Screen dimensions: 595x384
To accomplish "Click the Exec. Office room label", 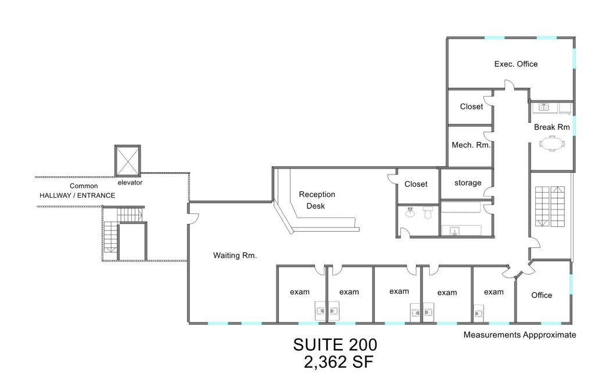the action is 516,64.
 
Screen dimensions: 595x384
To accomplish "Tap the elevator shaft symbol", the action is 127,161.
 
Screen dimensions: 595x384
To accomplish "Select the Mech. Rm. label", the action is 471,145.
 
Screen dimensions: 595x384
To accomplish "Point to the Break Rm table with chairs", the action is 552,144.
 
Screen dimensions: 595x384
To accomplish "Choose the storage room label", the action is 468,183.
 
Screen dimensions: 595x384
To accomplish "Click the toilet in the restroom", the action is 428,213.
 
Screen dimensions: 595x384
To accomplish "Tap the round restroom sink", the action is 410,212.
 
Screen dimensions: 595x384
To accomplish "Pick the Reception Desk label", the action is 317,200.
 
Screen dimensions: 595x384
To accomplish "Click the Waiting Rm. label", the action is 235,255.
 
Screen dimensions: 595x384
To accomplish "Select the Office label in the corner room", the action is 542,295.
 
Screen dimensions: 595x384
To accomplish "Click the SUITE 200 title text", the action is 335,345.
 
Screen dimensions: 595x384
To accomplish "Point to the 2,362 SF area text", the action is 339,362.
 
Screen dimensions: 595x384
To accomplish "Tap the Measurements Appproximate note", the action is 520,335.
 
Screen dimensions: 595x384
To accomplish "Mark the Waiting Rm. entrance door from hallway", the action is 193,218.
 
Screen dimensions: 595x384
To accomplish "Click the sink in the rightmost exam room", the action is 478,312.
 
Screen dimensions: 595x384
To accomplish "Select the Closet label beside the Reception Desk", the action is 416,184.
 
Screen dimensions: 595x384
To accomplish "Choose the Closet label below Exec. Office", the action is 471,106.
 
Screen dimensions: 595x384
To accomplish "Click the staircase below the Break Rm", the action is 550,206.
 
